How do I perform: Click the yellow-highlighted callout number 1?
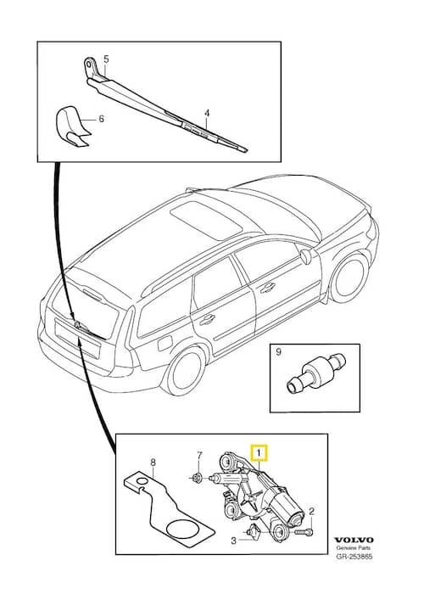(x=259, y=453)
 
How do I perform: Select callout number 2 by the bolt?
(x=311, y=511)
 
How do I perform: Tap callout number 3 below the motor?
(x=233, y=541)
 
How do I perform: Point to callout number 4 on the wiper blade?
(x=207, y=113)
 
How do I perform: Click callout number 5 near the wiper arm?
(x=106, y=59)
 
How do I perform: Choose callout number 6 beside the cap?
(x=101, y=119)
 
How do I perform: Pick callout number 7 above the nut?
(x=198, y=456)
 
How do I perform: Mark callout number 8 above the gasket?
(x=153, y=463)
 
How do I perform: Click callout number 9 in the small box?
(x=278, y=351)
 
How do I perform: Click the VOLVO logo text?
(x=354, y=540)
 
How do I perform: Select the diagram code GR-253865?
(x=354, y=557)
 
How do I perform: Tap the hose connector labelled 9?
(x=315, y=373)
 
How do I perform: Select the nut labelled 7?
(x=197, y=478)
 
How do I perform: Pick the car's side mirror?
(x=305, y=256)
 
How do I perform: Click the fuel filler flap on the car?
(x=165, y=343)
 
